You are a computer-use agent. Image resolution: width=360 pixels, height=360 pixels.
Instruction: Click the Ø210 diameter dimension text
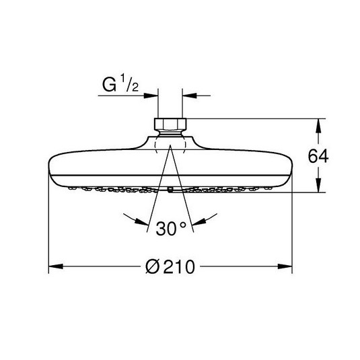pyautogui.click(x=170, y=266)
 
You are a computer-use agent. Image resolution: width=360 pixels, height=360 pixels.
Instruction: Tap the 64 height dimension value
pyautogui.click(x=318, y=156)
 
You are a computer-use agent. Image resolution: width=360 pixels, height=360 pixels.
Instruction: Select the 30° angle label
pyautogui.click(x=171, y=228)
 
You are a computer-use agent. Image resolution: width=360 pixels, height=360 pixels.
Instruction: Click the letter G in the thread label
pyautogui.click(x=109, y=85)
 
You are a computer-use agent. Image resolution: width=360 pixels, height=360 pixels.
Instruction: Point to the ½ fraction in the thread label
pyautogui.click(x=129, y=84)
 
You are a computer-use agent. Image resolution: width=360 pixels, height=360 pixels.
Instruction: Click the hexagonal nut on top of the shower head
pyautogui.click(x=170, y=124)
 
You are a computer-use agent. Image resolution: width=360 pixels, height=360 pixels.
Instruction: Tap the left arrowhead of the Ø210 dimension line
pyautogui.click(x=56, y=266)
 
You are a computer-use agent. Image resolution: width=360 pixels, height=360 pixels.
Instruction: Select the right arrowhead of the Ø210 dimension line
pyautogui.click(x=285, y=266)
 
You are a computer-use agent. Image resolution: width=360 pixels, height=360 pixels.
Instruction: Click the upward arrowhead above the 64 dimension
pyautogui.click(x=318, y=126)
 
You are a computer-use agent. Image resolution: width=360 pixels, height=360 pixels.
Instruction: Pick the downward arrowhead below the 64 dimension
pyautogui.click(x=318, y=185)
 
